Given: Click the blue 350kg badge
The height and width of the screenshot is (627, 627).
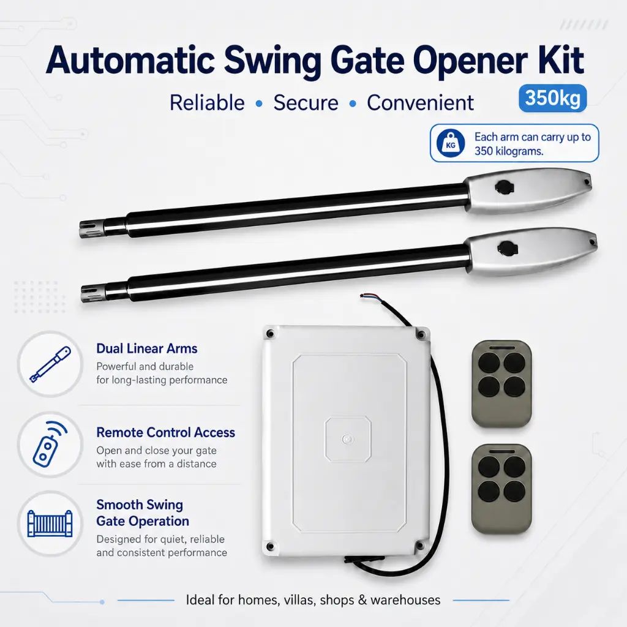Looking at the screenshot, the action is pyautogui.click(x=552, y=98).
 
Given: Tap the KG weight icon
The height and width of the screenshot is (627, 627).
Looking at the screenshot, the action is pyautogui.click(x=451, y=143).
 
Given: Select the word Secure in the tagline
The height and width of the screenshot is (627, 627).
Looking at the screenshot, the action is pyautogui.click(x=306, y=103).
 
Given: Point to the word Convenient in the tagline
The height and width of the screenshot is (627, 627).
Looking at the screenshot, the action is pyautogui.click(x=420, y=103).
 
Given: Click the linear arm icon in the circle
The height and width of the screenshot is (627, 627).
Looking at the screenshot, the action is pyautogui.click(x=50, y=364).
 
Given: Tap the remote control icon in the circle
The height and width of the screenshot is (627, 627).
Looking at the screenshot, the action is pyautogui.click(x=50, y=445).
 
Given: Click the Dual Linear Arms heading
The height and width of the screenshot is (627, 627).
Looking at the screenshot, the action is pyautogui.click(x=147, y=348).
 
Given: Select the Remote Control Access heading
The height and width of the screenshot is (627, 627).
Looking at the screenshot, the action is pyautogui.click(x=165, y=433).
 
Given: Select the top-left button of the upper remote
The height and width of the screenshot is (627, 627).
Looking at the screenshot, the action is pyautogui.click(x=489, y=363).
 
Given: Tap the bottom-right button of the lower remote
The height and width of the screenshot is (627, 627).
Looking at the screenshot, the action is pyautogui.click(x=514, y=491).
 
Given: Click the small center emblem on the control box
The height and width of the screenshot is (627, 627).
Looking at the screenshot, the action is pyautogui.click(x=348, y=440).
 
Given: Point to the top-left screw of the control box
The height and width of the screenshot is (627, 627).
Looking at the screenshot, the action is pyautogui.click(x=271, y=334).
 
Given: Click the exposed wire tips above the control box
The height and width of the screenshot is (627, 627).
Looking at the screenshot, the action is pyautogui.click(x=366, y=296).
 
